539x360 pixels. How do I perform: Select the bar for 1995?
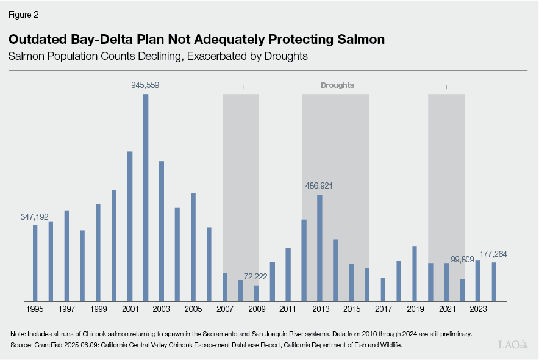pos(35,262)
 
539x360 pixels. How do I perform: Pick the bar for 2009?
pos(256,293)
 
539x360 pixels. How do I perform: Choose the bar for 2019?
pos(415,273)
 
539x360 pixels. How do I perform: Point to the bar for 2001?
pos(130,226)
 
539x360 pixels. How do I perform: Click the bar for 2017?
pos(383,289)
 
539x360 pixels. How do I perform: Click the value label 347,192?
pos(35,217)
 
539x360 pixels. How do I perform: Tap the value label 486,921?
pos(319,185)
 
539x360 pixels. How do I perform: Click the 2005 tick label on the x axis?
pos(193,309)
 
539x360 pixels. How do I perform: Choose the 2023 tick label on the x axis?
pos(478,309)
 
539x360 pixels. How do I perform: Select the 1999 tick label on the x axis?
pos(98,309)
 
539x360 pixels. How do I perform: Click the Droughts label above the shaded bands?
pos(337,85)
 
